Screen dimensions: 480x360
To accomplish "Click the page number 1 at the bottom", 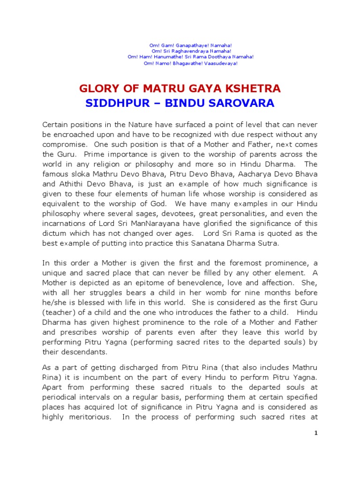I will click(x=316, y=433).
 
